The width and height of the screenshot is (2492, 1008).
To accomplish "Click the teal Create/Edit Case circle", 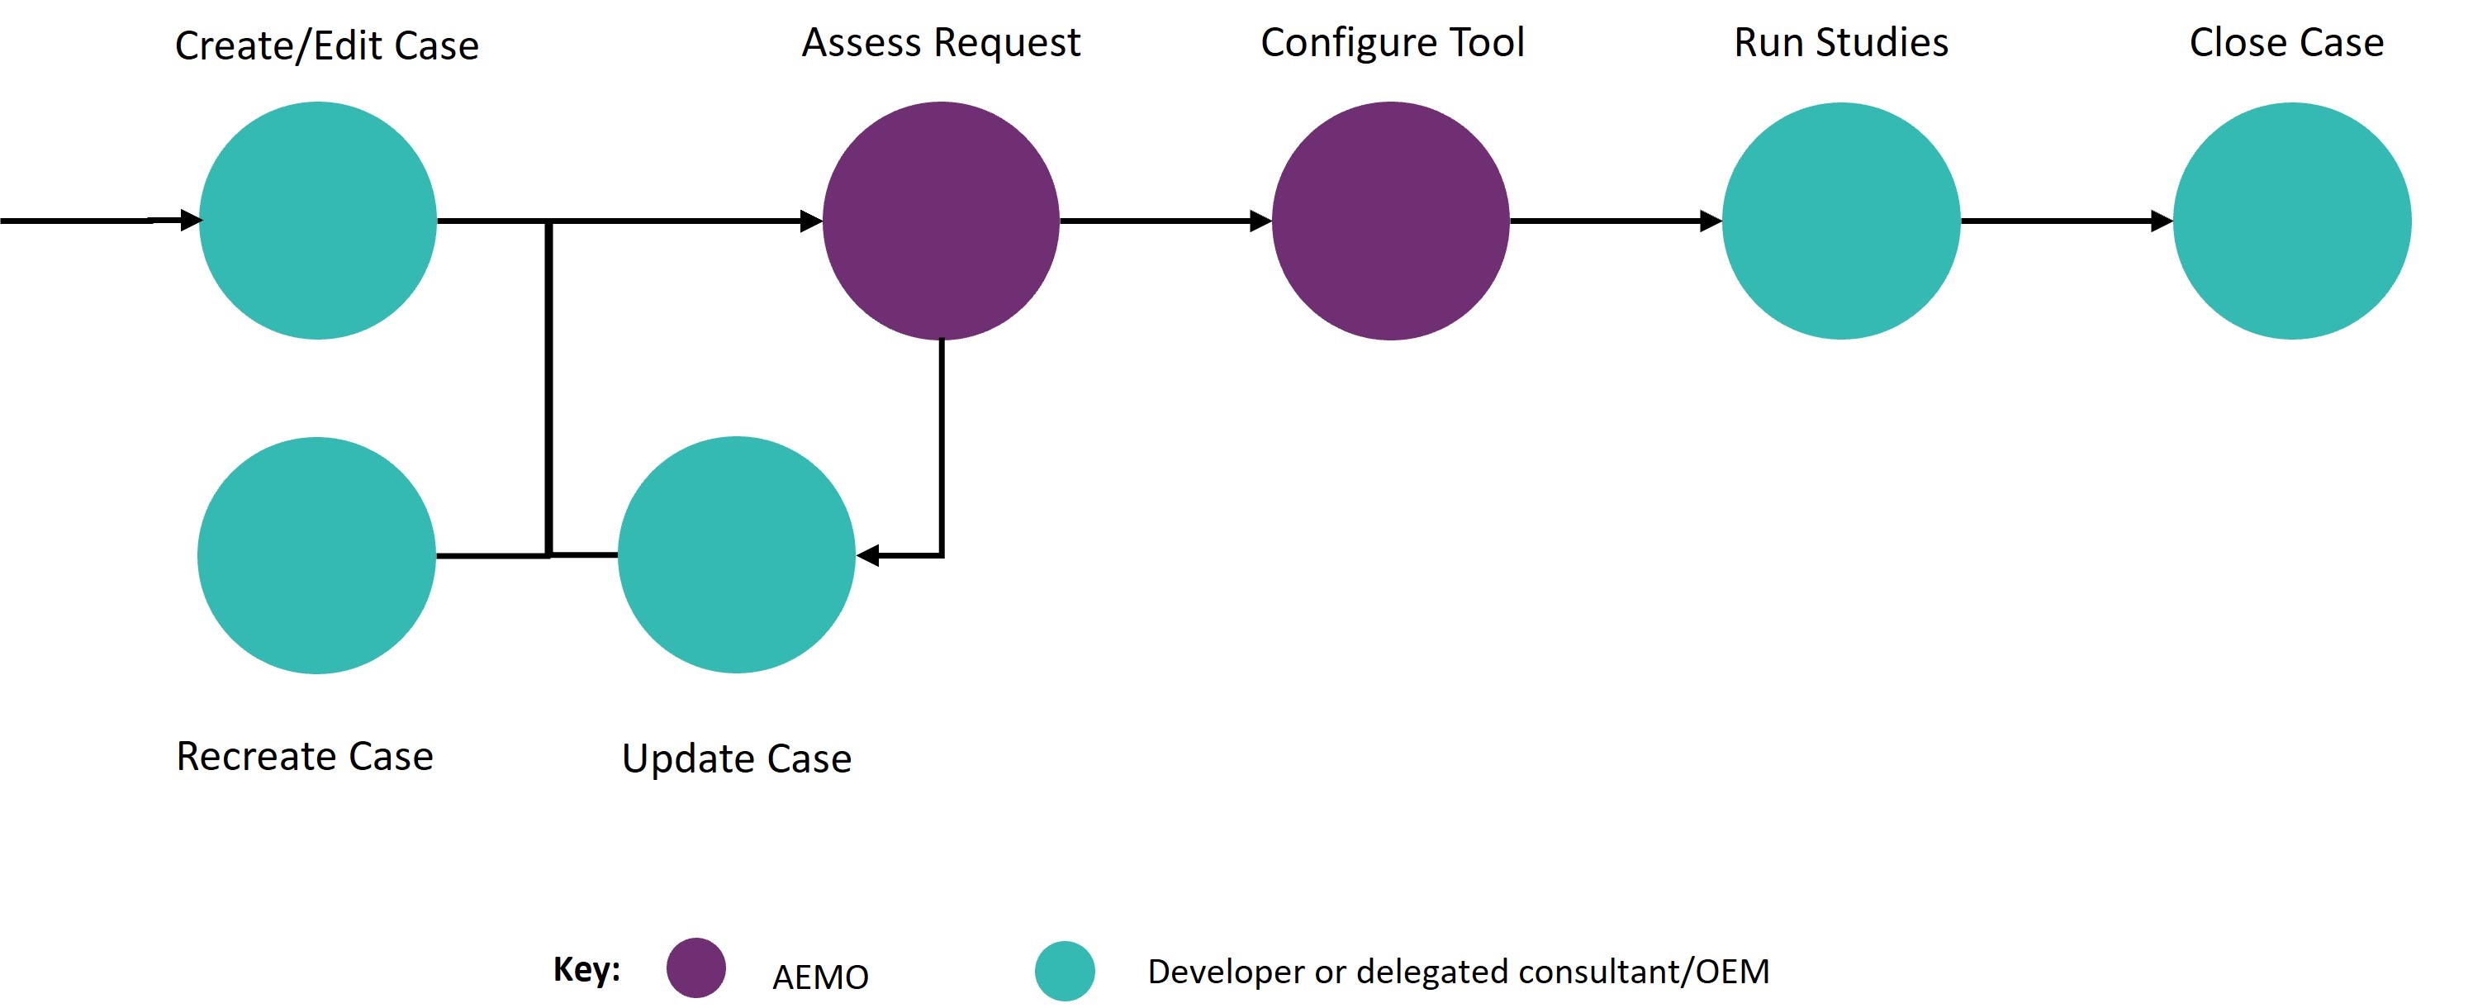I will click(317, 221).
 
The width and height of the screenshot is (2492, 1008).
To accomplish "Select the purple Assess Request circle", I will click(940, 221).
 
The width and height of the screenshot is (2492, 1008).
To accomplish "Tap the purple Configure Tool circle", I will click(1390, 221).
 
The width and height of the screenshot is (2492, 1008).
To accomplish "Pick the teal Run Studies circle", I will click(1841, 221).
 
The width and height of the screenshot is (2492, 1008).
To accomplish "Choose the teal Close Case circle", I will click(2292, 221).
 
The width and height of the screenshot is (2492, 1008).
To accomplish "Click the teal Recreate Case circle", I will click(316, 555).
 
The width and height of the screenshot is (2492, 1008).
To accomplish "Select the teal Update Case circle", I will click(736, 555).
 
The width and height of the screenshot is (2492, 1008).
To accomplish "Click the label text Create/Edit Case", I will click(327, 45).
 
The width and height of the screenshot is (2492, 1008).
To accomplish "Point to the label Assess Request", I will click(940, 43).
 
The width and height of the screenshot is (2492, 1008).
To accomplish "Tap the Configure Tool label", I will click(1392, 43).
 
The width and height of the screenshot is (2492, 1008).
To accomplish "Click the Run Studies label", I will click(1841, 43).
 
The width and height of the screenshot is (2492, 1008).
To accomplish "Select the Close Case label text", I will click(2286, 43).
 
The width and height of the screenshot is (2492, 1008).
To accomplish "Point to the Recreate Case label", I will click(305, 755).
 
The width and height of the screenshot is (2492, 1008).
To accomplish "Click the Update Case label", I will click(736, 758).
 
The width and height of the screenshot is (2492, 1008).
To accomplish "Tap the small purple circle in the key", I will click(695, 968).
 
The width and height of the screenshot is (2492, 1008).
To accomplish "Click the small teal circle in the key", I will click(1064, 970).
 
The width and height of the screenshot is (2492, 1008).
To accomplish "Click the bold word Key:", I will click(586, 968).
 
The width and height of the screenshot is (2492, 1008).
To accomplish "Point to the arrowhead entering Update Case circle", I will click(868, 555).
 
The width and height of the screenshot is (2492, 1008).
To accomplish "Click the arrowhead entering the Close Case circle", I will click(2161, 221).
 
